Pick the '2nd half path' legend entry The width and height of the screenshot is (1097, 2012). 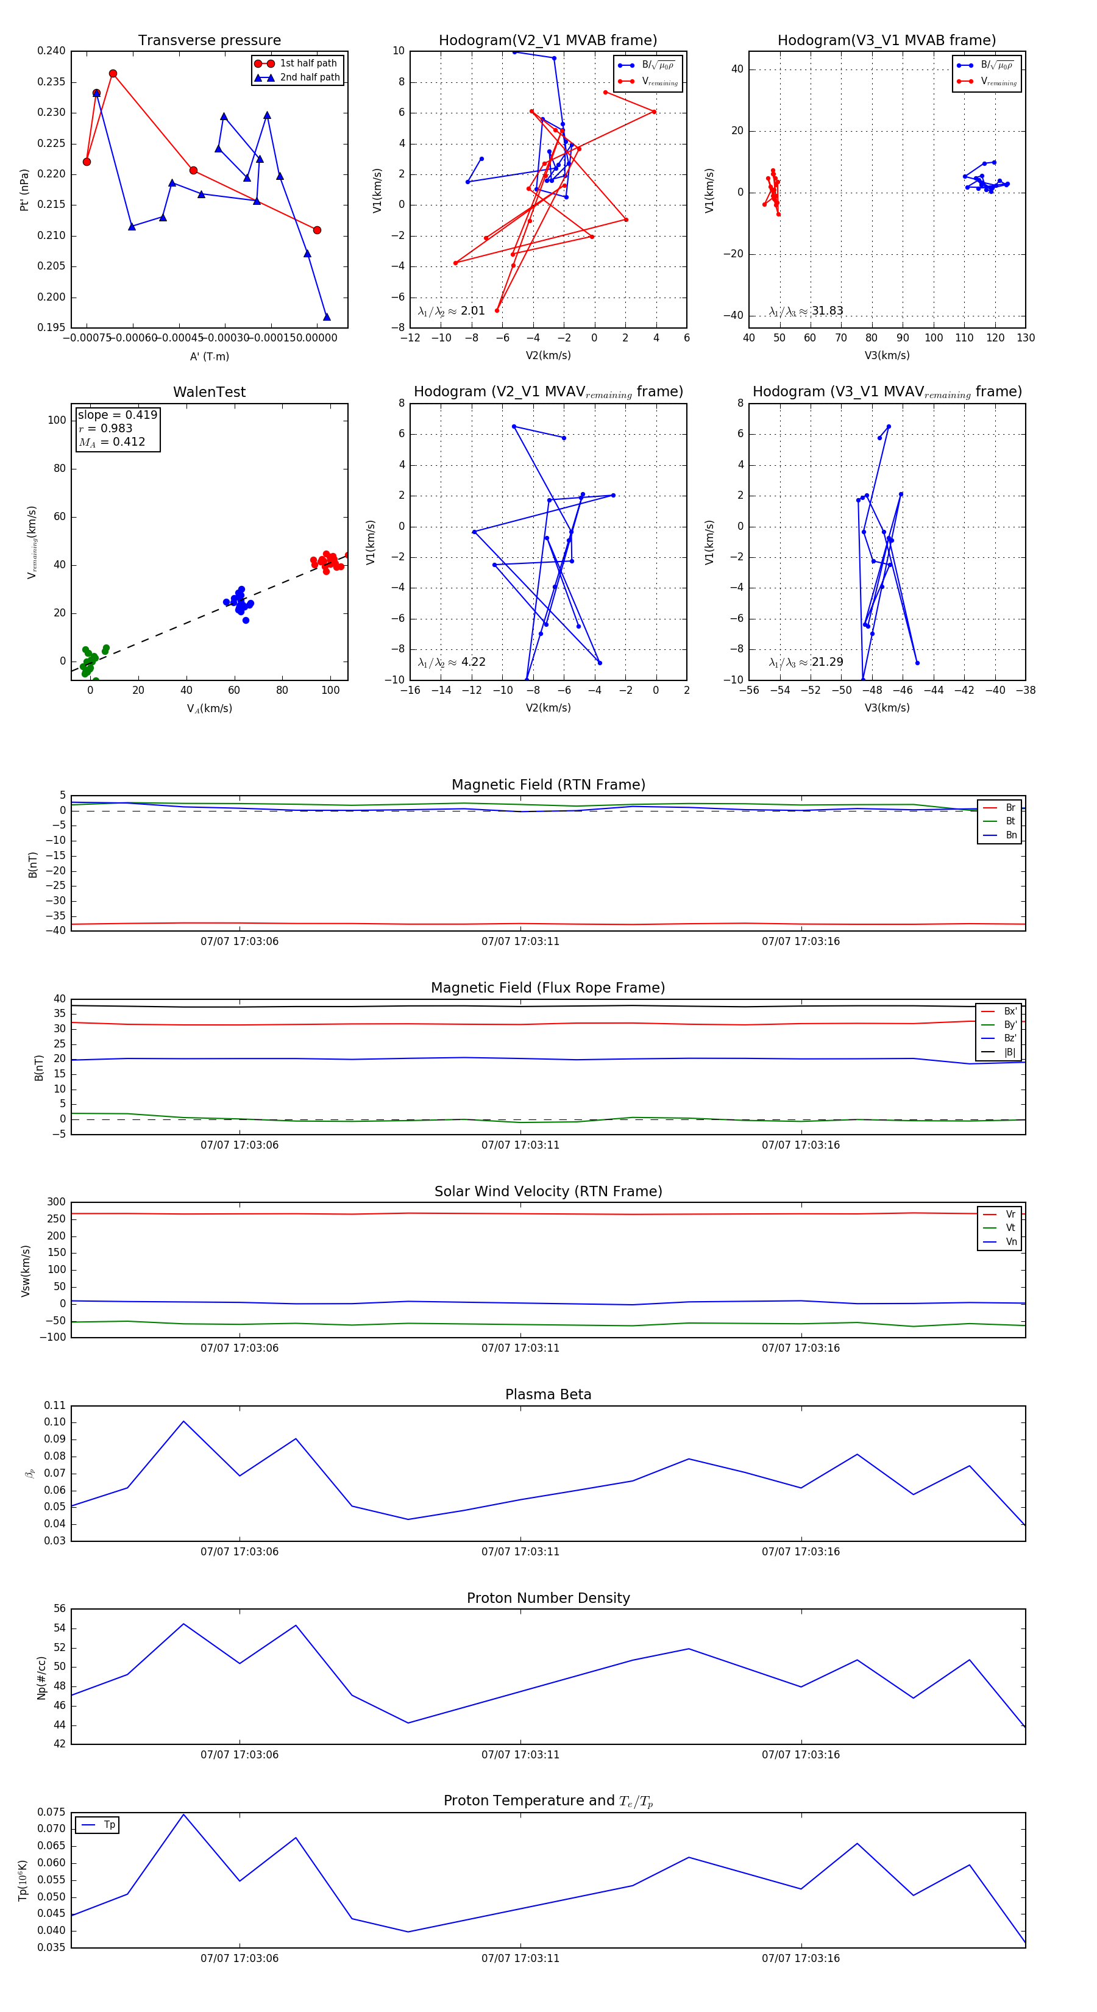pyautogui.click(x=309, y=77)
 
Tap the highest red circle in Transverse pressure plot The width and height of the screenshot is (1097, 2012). pyautogui.click(x=113, y=73)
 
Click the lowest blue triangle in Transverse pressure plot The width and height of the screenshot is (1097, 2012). pyautogui.click(x=327, y=317)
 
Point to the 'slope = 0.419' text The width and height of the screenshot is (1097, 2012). pyautogui.click(x=117, y=415)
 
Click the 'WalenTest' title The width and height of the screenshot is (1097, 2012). pyautogui.click(x=209, y=392)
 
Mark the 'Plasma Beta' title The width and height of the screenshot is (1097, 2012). pyautogui.click(x=548, y=1394)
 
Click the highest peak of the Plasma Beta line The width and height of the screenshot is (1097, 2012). pyautogui.click(x=183, y=1421)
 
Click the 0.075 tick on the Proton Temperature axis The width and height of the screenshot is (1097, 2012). pyautogui.click(x=52, y=1812)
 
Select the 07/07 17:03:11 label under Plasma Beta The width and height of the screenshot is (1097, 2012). pyautogui.click(x=520, y=1551)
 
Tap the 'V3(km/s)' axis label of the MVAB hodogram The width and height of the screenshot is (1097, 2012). pyautogui.click(x=887, y=355)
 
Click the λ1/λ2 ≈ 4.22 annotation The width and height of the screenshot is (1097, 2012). pyautogui.click(x=451, y=662)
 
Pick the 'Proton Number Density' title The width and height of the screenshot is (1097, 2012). pyautogui.click(x=548, y=1598)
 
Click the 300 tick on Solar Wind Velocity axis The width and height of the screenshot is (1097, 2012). pyautogui.click(x=56, y=1202)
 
